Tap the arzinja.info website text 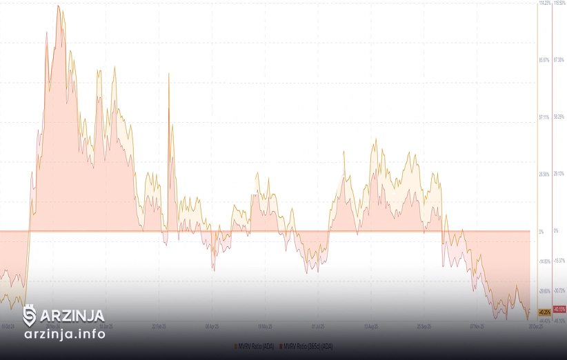(65, 334)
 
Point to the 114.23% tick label (545, 3)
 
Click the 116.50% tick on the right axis (559, 3)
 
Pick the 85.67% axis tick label (545, 60)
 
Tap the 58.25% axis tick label (559, 117)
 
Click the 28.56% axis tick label (545, 174)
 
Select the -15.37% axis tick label (559, 260)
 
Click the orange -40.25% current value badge (545, 311)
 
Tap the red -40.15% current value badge (559, 309)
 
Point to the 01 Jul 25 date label (318, 326)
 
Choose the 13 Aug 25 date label (371, 326)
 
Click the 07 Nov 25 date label (477, 326)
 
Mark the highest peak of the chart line (58, 6)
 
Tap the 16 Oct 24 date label (8, 326)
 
